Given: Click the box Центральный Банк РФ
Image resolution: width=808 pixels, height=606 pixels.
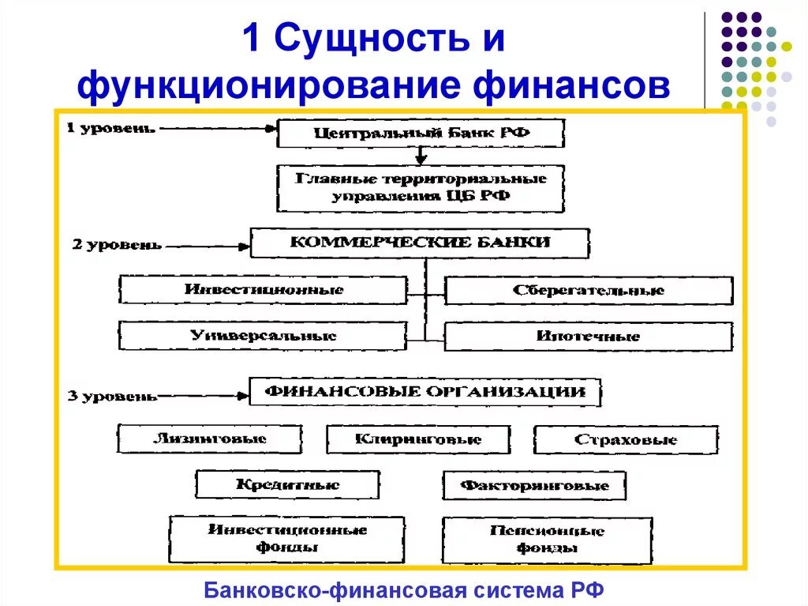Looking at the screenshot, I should [421, 134].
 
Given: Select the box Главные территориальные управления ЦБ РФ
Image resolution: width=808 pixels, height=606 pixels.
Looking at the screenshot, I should [421, 188].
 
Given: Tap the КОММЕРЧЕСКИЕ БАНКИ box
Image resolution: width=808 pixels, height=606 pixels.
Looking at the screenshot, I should [420, 243].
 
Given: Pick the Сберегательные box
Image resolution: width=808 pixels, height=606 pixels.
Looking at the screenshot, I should [589, 291].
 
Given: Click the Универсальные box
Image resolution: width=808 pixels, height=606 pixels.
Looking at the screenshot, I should [263, 336].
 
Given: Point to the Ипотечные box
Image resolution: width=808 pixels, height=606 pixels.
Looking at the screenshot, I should [589, 337].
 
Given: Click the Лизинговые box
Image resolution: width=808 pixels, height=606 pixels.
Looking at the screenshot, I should [210, 439].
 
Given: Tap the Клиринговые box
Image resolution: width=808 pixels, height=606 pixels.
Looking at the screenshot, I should [418, 440].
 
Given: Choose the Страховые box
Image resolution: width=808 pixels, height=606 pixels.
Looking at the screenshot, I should [626, 440].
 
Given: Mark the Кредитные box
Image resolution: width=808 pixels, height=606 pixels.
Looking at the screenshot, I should [287, 485].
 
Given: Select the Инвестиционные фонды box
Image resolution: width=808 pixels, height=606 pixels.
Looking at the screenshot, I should [286, 539].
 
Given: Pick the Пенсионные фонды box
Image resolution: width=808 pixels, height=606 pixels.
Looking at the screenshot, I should [547, 540].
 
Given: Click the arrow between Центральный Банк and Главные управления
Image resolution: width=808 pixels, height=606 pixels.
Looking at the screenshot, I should [421, 156].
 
